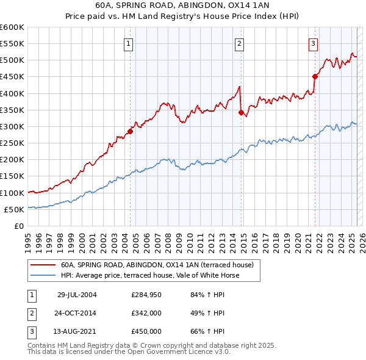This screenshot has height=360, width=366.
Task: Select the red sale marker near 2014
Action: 241,112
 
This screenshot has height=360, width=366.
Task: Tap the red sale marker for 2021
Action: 315,76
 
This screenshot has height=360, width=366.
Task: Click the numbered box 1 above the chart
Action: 129,43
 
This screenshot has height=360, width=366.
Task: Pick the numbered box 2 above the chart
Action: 239,43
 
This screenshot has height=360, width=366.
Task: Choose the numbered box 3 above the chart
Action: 312,43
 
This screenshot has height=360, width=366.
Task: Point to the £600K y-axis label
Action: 12,27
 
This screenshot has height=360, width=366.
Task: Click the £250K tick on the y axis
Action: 12,143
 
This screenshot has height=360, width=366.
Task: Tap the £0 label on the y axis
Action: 18,226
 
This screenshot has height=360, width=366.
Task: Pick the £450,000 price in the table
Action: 146,331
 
